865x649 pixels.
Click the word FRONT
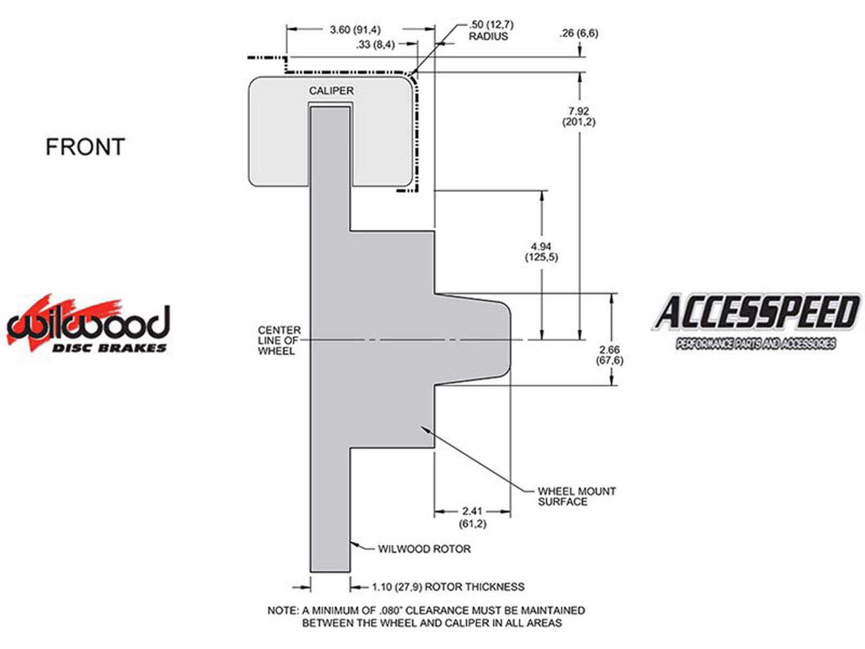click(x=85, y=147)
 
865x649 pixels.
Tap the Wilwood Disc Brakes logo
click(x=88, y=323)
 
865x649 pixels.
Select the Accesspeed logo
click(x=756, y=322)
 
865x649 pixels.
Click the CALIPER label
click(x=331, y=91)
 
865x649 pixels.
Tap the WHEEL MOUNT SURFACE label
click(x=576, y=496)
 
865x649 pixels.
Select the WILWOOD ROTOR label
click(x=424, y=549)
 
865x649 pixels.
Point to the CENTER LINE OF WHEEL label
click(x=279, y=341)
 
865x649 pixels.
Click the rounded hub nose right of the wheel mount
click(x=473, y=339)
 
